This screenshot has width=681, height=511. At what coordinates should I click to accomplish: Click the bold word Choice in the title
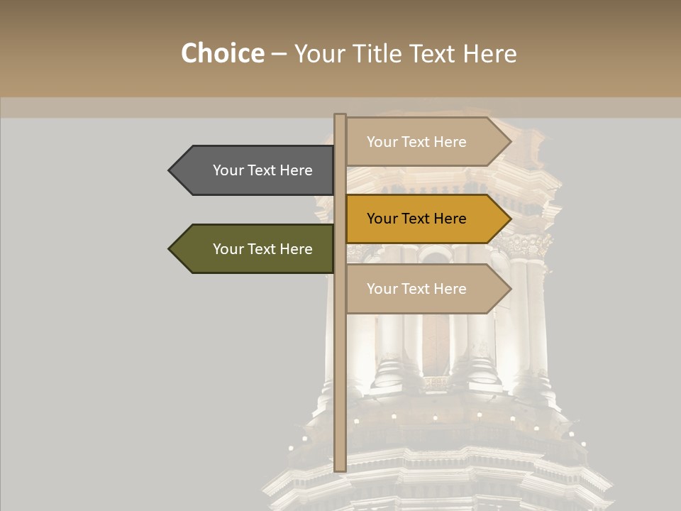click(x=222, y=54)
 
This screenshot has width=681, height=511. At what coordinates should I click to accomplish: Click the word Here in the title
click(x=489, y=54)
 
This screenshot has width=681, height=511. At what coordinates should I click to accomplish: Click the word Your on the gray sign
click(x=228, y=170)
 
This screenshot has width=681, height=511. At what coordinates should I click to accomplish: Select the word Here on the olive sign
click(x=296, y=249)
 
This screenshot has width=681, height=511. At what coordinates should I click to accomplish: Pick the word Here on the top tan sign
click(x=450, y=142)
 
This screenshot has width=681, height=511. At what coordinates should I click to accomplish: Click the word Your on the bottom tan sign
click(x=382, y=289)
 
